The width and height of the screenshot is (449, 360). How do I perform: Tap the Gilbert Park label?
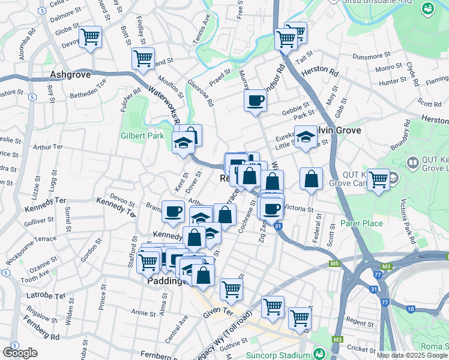pyautogui.click(x=142, y=136)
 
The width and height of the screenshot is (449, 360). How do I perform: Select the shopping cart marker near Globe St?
pyautogui.click(x=90, y=37)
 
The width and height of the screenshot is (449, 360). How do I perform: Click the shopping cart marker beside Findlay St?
pyautogui.click(x=143, y=59)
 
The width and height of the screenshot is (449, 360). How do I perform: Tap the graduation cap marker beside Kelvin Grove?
pyautogui.click(x=306, y=136)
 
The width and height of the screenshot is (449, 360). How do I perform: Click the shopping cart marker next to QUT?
pyautogui.click(x=378, y=179)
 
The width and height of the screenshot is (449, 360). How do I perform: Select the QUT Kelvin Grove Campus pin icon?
pyautogui.click(x=412, y=163)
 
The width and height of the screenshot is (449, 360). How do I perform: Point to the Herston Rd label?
pyautogui.click(x=321, y=71)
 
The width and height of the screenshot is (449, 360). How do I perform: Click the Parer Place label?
pyautogui.click(x=361, y=224)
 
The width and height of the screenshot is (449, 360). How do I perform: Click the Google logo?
pyautogui.click(x=20, y=352)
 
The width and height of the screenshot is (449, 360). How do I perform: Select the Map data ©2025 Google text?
pyautogui.click(x=412, y=355)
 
